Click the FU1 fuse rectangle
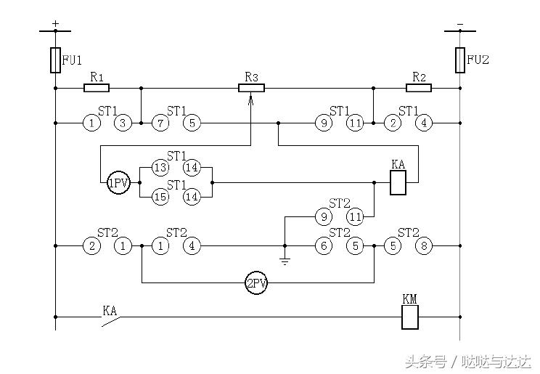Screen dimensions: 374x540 (x=55, y=60)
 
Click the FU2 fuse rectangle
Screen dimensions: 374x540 (x=459, y=60)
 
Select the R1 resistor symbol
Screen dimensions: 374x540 (x=97, y=89)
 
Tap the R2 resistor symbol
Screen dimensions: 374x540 (x=418, y=89)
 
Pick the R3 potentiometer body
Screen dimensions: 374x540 (x=251, y=89)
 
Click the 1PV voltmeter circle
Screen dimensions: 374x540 (x=118, y=184)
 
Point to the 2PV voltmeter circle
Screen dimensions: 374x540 (x=256, y=283)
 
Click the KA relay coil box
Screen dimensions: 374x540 (x=398, y=184)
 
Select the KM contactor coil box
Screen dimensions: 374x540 (x=410, y=317)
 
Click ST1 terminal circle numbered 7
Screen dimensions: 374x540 (x=160, y=123)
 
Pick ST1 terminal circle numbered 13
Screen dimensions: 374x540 (x=160, y=167)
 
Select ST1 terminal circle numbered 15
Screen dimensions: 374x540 (x=160, y=196)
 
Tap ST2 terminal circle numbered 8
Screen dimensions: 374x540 (x=423, y=245)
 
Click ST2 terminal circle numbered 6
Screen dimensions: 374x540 (x=323, y=245)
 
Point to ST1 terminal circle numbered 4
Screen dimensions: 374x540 (x=423, y=123)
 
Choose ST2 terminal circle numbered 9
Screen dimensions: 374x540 (x=323, y=216)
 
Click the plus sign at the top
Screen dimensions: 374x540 (x=55, y=23)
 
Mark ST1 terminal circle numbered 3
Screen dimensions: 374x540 (x=123, y=123)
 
